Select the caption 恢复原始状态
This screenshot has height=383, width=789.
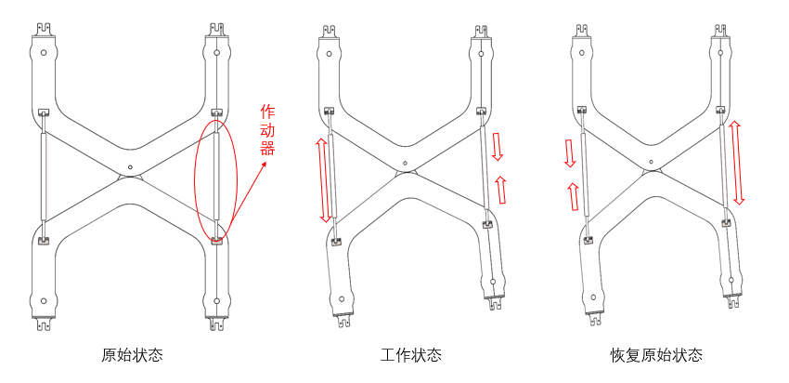pyautogui.click(x=656, y=355)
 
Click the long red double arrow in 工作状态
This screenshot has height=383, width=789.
pyautogui.click(x=323, y=179)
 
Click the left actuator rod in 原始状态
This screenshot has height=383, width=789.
pyautogui.click(x=43, y=177)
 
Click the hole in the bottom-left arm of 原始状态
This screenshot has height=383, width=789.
pyautogui.click(x=44, y=300)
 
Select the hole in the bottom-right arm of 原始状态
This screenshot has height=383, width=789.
pyautogui.click(x=216, y=300)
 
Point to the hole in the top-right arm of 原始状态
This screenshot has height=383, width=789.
pyautogui.click(x=216, y=53)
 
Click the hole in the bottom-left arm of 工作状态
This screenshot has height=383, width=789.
pyautogui.click(x=343, y=299)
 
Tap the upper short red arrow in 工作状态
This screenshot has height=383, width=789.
pyautogui.click(x=498, y=146)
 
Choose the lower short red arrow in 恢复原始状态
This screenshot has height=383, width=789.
pyautogui.click(x=572, y=196)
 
